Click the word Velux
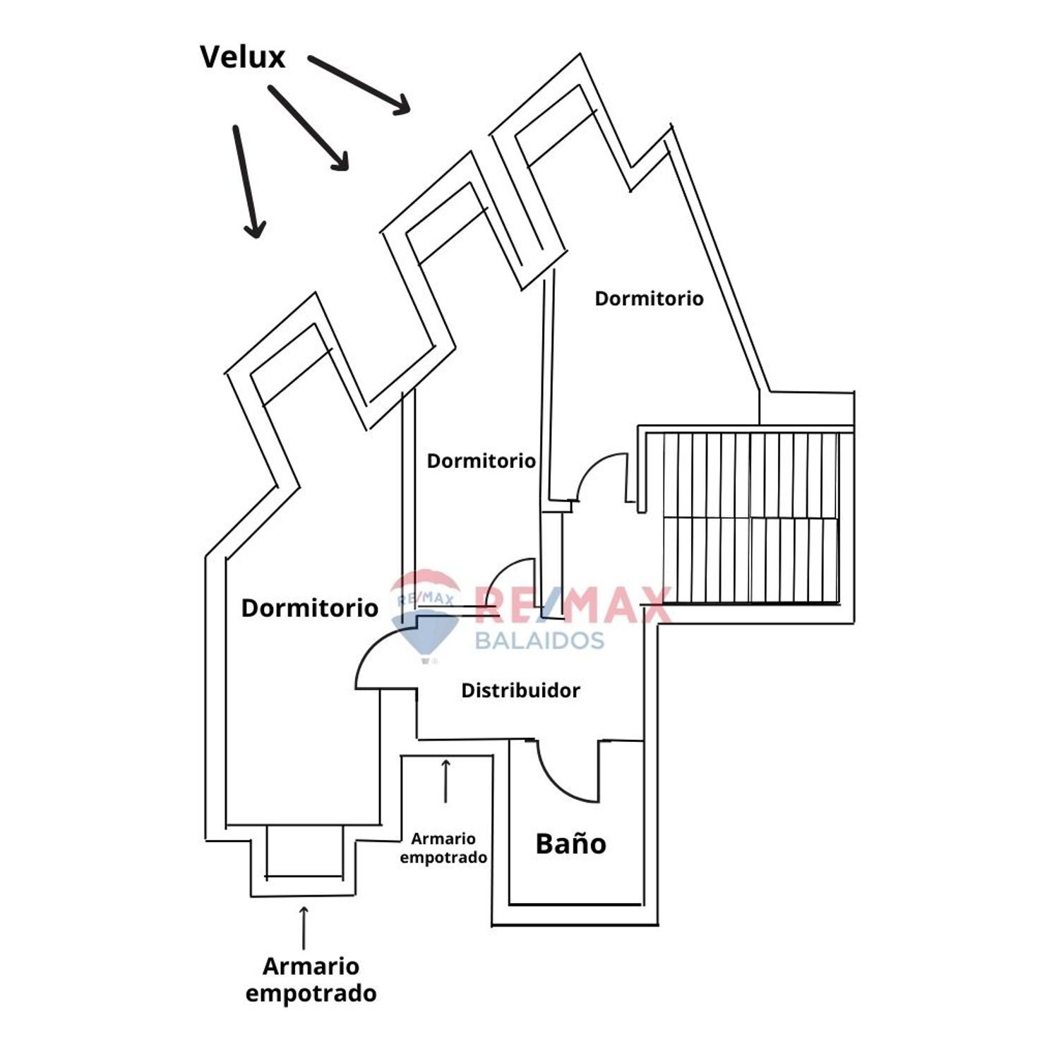tap(242, 57)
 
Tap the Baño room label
tap(570, 844)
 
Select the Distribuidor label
tap(520, 690)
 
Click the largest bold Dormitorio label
tap(310, 608)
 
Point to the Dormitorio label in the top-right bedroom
tap(649, 299)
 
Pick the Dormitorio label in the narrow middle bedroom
tap(481, 461)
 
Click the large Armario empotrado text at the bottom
tap(311, 979)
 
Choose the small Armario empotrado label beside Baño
tap(443, 848)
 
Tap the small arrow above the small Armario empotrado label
tap(445, 781)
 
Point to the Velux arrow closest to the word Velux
tap(359, 84)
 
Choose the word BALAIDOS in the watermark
tap(539, 640)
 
